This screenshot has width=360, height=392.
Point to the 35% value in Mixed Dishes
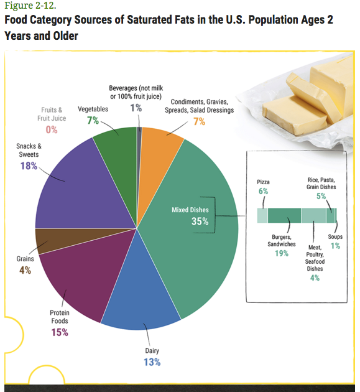point(200,222)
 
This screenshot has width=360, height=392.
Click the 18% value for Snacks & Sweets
point(29,166)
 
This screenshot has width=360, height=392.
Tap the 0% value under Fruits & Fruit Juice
point(51,129)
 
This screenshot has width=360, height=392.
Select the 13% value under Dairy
point(152,362)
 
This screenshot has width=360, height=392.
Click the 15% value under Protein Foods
point(60,332)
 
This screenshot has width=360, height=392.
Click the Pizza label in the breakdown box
point(263,182)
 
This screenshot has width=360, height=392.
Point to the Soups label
point(335,237)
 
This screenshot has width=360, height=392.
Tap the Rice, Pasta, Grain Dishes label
point(321,183)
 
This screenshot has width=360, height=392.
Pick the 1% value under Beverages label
point(136,108)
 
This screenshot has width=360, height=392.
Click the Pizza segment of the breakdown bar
point(262,215)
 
